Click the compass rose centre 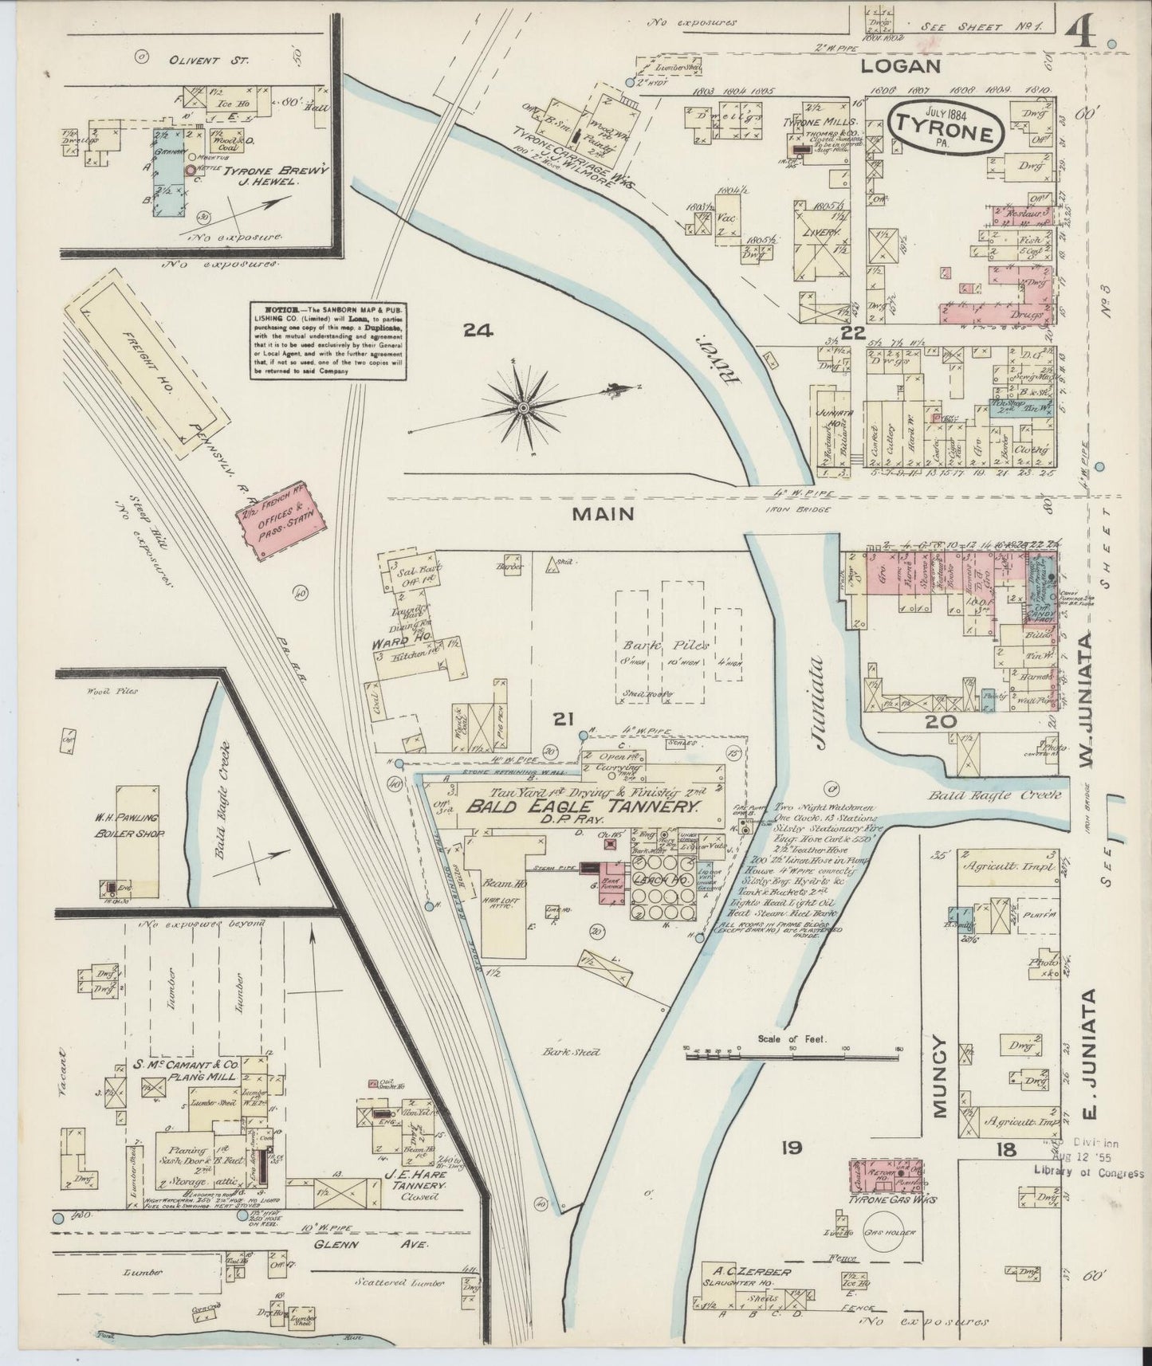point(523,407)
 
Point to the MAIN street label point(603,515)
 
